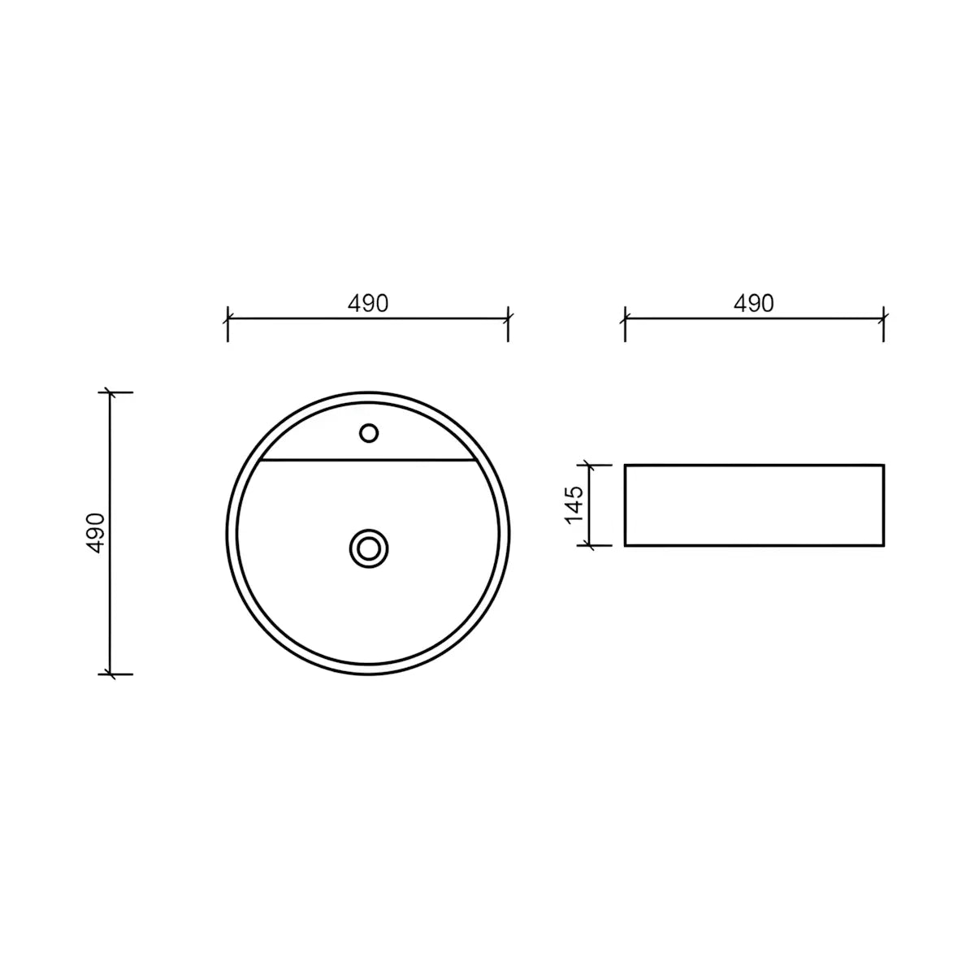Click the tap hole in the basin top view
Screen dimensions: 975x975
point(368,433)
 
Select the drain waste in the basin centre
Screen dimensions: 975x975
point(369,548)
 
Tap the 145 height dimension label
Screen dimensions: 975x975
point(574,505)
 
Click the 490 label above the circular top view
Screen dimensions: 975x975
point(368,304)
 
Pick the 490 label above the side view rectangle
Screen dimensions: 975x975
point(754,304)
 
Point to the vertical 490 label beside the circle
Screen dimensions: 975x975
point(96,533)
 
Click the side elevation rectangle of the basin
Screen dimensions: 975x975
point(754,505)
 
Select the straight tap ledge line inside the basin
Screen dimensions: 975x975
point(368,461)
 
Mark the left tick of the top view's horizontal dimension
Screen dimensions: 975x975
point(227,318)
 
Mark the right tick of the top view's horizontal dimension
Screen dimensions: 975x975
point(508,318)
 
